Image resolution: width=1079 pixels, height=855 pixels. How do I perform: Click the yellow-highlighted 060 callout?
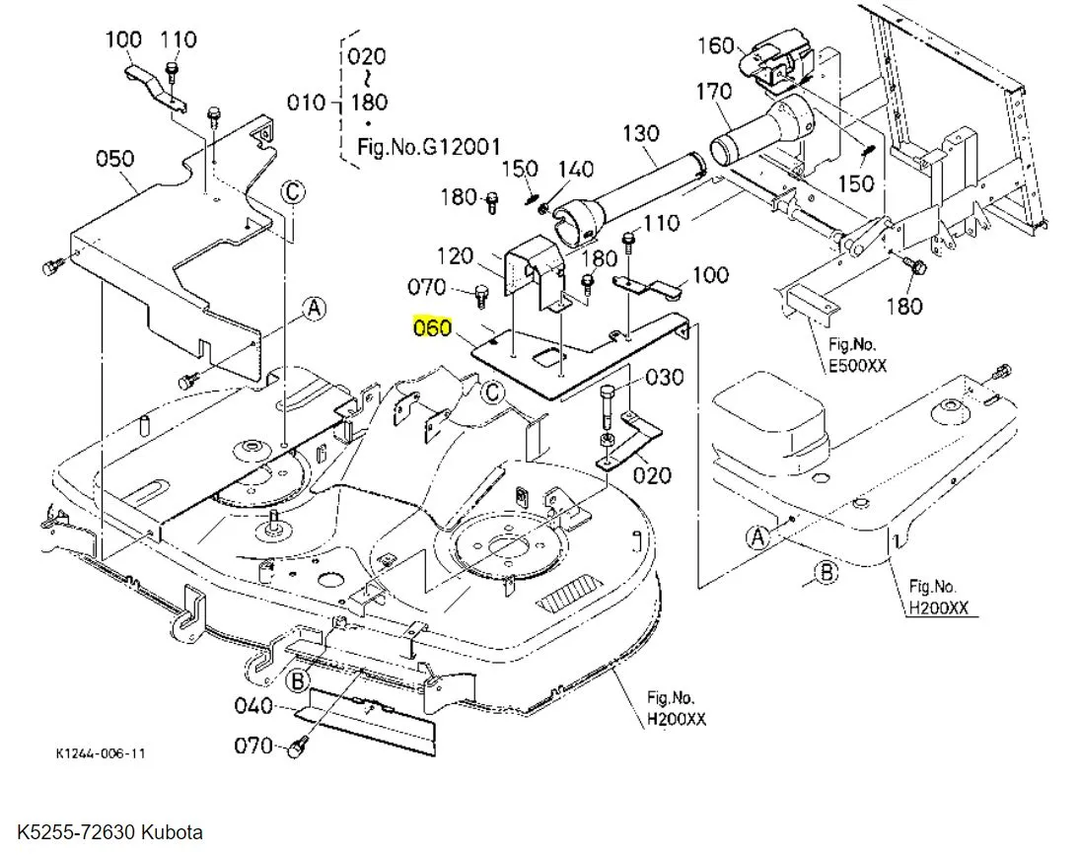432,327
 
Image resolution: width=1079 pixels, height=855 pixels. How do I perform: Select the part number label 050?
115,159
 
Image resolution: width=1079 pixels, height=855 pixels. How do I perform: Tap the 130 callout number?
641,133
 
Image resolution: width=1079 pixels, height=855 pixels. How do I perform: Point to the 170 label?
714,91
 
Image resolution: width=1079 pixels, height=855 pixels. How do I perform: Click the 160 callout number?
716,45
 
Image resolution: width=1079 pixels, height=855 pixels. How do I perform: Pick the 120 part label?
455,256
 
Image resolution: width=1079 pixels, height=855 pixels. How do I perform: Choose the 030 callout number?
665,377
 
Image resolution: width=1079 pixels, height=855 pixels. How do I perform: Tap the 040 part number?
253,706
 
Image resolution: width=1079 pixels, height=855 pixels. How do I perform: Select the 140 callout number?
575,170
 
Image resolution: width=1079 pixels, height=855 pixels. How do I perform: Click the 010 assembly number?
306,103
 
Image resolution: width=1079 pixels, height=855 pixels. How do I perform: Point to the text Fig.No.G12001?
429,147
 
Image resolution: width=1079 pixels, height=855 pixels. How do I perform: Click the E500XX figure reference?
857,365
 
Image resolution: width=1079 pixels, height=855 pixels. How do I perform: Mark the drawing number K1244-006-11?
101,753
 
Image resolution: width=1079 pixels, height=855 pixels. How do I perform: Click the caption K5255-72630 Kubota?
110,832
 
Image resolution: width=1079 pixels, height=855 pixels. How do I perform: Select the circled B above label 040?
297,681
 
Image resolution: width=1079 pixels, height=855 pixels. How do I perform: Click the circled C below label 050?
293,191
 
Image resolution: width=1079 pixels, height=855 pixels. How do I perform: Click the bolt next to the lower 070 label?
297,747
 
